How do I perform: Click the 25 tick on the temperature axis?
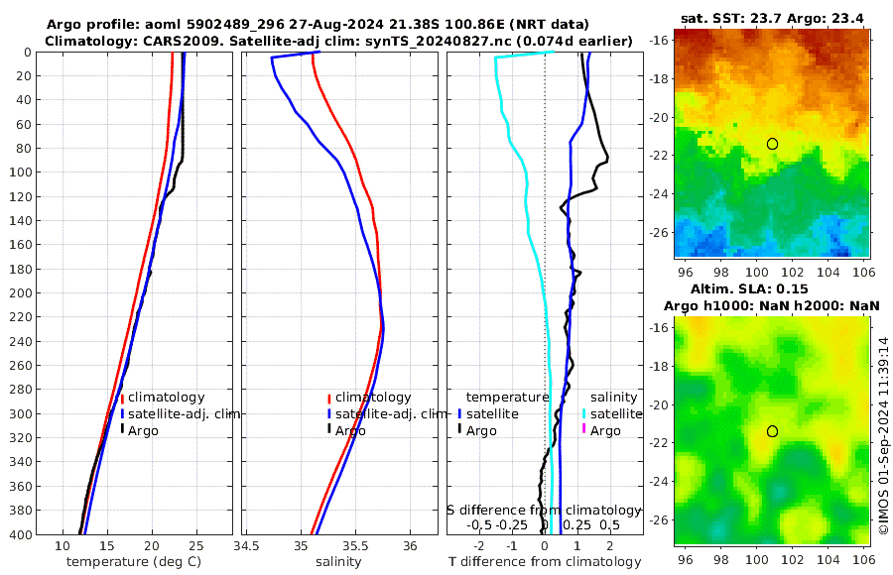[195, 546]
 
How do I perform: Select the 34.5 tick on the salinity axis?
[247, 546]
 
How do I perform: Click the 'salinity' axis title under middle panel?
[338, 562]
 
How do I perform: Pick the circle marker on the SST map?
[772, 144]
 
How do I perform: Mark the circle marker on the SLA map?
[772, 431]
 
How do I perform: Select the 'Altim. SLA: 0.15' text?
[771, 287]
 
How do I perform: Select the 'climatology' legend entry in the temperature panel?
[167, 398]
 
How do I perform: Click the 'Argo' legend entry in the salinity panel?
[350, 430]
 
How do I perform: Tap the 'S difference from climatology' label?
[544, 510]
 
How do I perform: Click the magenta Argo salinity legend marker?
[584, 430]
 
